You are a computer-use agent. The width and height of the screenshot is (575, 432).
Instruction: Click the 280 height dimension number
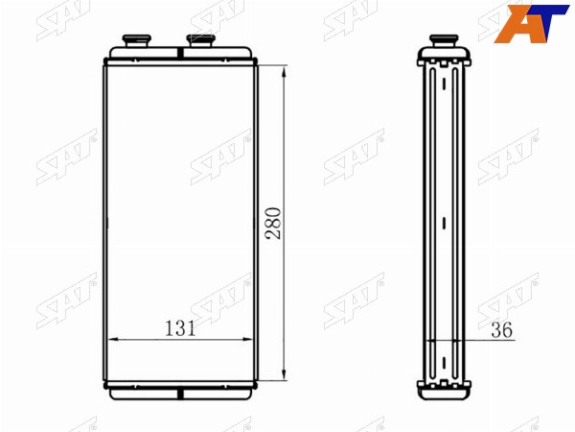click(274, 224)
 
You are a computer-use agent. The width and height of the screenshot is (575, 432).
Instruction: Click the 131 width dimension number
click(180, 328)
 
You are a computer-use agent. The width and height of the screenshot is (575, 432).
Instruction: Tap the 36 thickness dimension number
click(501, 330)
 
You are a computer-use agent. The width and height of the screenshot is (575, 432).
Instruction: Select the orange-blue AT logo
click(530, 23)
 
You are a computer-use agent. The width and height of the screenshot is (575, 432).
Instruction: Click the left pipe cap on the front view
click(136, 40)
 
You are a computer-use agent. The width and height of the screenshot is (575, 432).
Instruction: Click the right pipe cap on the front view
click(200, 40)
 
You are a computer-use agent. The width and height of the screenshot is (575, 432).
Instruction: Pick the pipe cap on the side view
click(444, 40)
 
